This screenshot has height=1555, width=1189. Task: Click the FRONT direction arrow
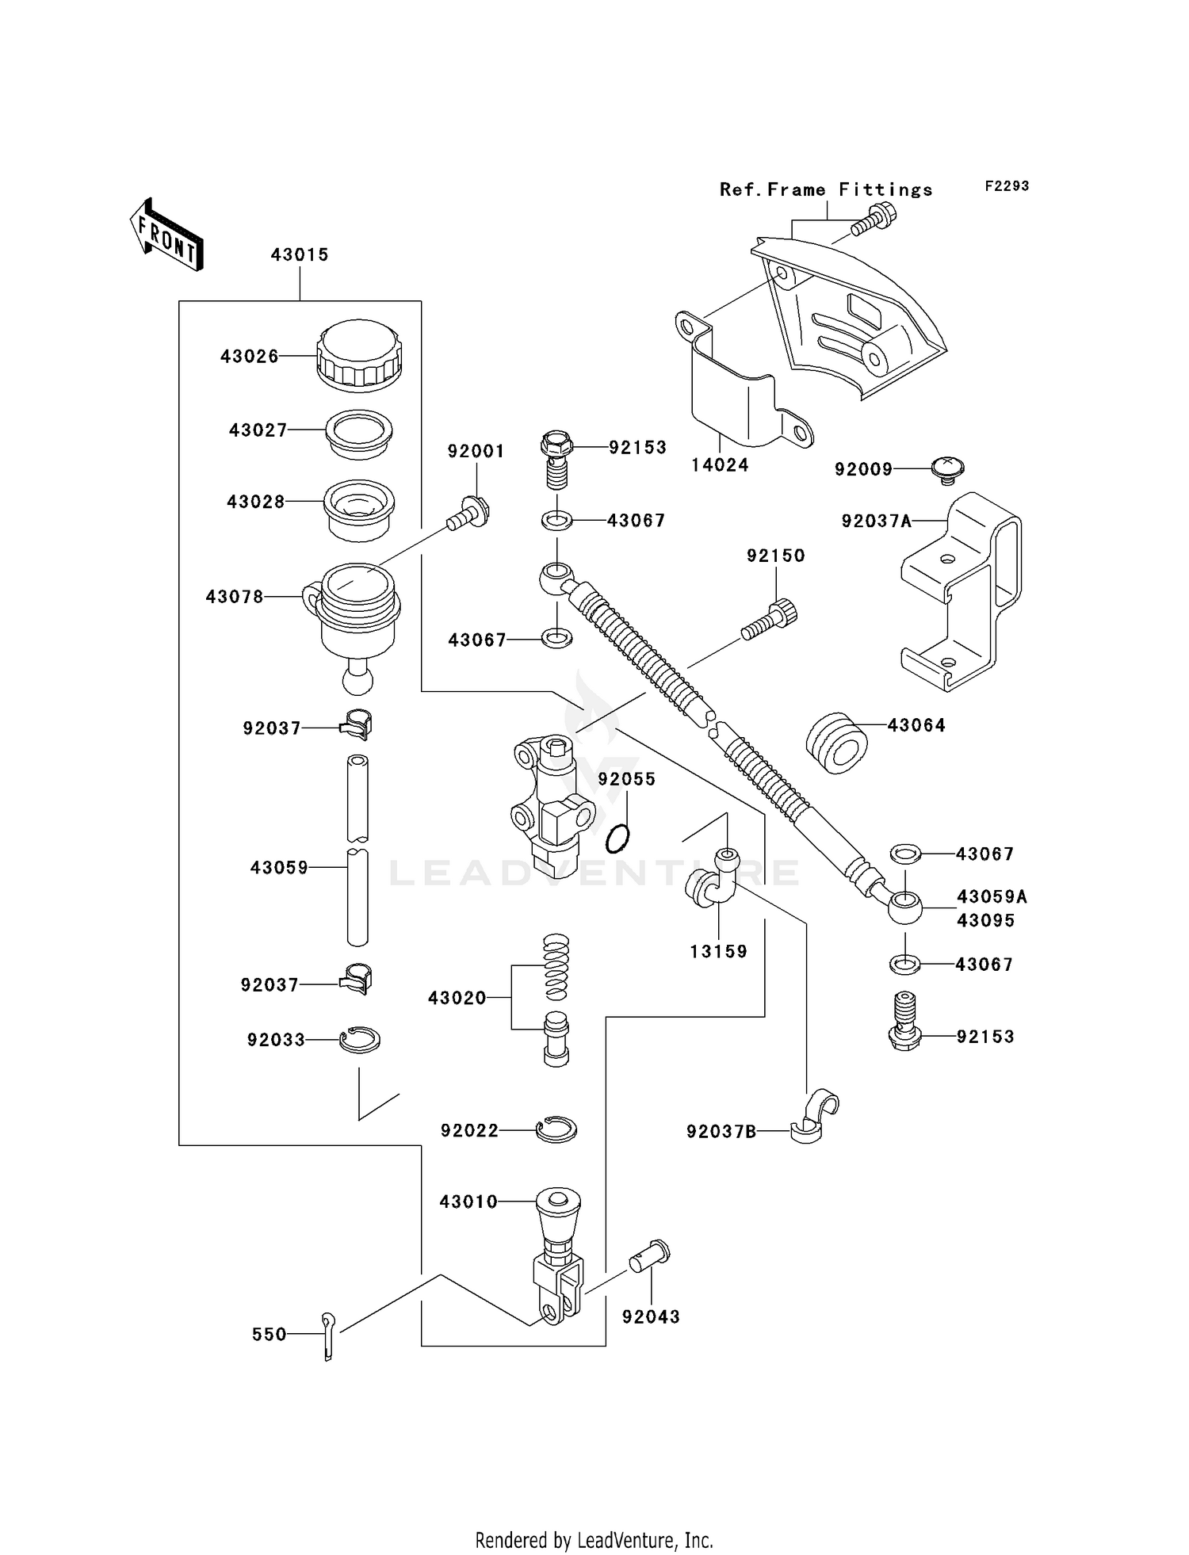pos(166,235)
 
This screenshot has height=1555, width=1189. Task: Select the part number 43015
pos(299,254)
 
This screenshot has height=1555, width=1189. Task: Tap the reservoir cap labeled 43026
pos(359,356)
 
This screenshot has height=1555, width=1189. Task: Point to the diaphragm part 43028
pos(359,510)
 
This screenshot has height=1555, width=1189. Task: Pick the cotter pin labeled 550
pos(329,1335)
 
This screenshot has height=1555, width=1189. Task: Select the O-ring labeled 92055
pos(618,839)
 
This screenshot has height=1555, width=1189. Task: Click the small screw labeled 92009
pos(946,469)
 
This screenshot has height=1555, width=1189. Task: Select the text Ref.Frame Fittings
pos(826,189)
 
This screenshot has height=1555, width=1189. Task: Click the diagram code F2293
pos(1007,185)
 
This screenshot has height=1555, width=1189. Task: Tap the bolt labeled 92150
pos(769,621)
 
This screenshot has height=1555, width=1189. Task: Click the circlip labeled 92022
pos(556,1129)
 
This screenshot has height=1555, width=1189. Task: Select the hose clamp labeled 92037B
pos(815,1117)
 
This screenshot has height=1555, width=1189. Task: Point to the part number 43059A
pos(992,896)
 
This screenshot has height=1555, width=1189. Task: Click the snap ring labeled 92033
pos(359,1039)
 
